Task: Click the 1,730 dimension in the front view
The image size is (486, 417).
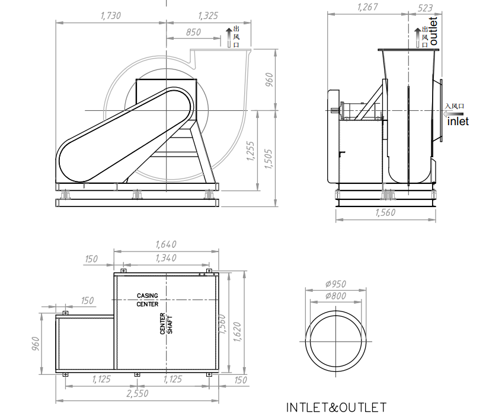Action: [x=111, y=16]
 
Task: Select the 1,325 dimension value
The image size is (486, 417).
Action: [x=208, y=16]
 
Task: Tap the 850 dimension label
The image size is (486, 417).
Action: [x=193, y=33]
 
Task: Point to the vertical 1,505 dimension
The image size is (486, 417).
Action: [x=269, y=158]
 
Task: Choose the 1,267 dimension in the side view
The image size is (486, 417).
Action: [x=368, y=8]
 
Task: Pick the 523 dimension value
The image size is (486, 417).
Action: [x=425, y=8]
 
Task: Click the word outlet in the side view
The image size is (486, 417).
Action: [x=433, y=31]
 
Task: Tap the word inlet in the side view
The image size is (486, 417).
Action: [x=458, y=121]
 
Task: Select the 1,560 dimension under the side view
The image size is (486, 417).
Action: [x=385, y=214]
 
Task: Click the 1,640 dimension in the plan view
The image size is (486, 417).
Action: [x=165, y=244]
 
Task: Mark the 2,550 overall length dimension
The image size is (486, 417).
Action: [x=137, y=393]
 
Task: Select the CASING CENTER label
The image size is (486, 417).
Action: [x=148, y=300]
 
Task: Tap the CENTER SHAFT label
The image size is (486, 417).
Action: [x=166, y=324]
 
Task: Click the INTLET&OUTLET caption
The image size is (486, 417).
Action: [x=336, y=408]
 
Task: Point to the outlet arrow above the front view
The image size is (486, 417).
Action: [x=229, y=37]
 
